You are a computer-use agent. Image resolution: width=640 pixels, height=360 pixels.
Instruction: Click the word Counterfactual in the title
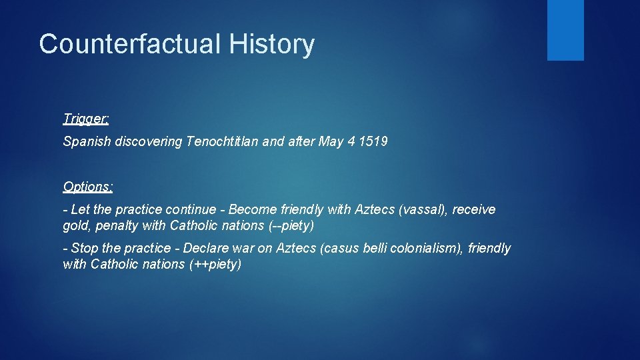coord(130,45)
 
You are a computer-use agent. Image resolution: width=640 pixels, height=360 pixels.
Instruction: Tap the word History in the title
coord(271,45)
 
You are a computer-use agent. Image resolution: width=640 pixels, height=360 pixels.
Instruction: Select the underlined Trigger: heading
coord(86,119)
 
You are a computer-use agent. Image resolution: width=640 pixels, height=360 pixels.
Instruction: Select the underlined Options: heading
coord(88,187)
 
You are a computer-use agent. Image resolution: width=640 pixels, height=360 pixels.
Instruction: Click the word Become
coord(252,210)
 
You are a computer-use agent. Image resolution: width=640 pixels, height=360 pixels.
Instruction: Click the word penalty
coord(117,226)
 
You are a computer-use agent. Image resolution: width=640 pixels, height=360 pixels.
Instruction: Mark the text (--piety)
coord(291,226)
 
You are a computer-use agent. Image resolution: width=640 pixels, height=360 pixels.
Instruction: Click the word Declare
coord(205,249)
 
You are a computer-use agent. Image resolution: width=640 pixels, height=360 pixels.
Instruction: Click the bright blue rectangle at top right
coord(565,30)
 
